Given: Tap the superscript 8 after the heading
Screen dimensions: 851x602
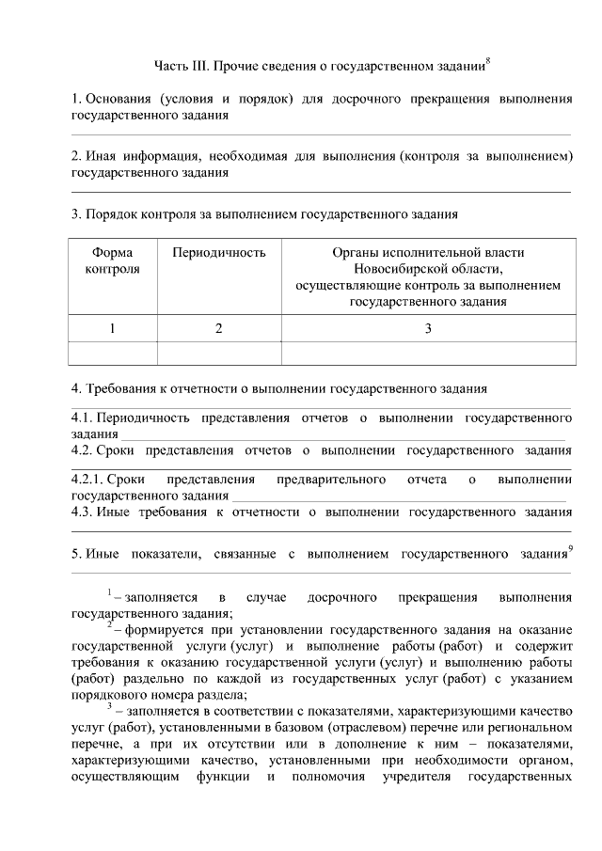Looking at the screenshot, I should [x=488, y=62].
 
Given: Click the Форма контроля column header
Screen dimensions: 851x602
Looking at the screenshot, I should [x=113, y=260].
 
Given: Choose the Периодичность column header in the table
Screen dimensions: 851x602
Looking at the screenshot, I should [x=219, y=252].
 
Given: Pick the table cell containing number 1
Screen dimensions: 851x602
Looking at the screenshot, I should [x=113, y=328].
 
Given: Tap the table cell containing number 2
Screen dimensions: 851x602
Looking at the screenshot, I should [x=219, y=328].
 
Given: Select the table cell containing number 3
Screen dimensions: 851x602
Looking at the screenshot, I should [x=428, y=328].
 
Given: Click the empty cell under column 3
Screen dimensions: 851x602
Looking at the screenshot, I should [x=428, y=353].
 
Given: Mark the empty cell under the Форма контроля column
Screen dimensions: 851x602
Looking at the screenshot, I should [x=113, y=353].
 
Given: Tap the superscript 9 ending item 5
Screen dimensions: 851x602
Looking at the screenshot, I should [x=571, y=548].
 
